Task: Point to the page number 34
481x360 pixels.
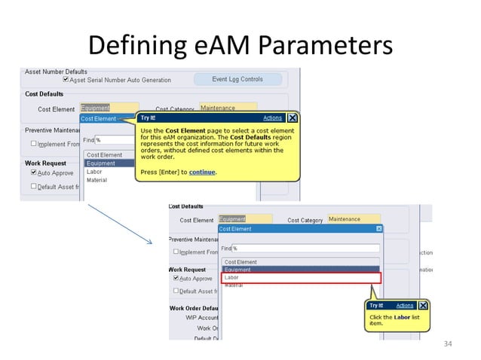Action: click(x=448, y=344)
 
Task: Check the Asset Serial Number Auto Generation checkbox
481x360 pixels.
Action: click(x=66, y=80)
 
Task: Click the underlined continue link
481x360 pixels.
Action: click(x=202, y=172)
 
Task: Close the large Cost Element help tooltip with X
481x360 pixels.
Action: click(x=292, y=118)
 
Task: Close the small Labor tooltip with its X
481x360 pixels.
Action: click(x=424, y=305)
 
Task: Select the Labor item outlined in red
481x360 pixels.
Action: click(x=301, y=277)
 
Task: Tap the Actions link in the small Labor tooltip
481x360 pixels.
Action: click(x=405, y=305)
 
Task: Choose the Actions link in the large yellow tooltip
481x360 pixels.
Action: click(x=272, y=118)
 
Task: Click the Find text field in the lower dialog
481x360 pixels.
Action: click(x=305, y=248)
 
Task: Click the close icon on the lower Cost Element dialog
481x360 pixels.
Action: click(x=378, y=228)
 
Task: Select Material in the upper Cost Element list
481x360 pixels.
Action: click(x=97, y=180)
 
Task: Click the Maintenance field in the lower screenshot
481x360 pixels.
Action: click(x=354, y=219)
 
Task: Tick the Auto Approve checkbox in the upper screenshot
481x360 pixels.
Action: click(x=34, y=172)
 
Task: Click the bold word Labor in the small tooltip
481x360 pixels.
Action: click(x=401, y=317)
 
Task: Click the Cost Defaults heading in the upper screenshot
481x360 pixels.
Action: click(x=43, y=95)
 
